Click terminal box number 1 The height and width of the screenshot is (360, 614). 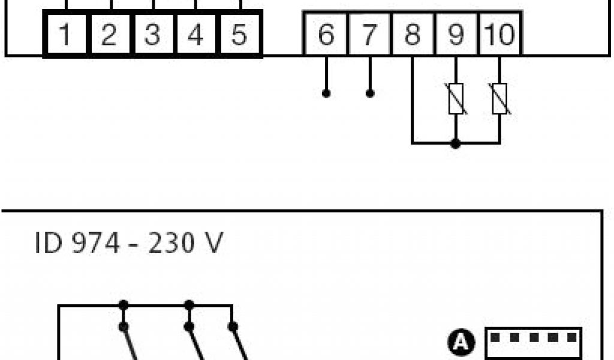click(x=66, y=35)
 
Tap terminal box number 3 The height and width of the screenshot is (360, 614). click(x=152, y=35)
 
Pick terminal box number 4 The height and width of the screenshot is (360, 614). click(x=195, y=35)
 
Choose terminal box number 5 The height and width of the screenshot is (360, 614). click(x=239, y=35)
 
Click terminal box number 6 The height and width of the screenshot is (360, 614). click(x=326, y=35)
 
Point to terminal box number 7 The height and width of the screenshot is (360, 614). click(x=369, y=35)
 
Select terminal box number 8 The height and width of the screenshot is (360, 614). click(x=413, y=35)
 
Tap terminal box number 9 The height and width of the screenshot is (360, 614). click(x=456, y=35)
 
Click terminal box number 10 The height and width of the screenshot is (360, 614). click(x=499, y=35)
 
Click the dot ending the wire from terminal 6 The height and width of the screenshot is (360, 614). click(x=326, y=94)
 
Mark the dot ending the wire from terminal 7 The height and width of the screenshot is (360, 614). click(x=370, y=94)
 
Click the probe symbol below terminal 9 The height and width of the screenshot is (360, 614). click(x=456, y=100)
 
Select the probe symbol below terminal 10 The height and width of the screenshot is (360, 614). click(x=499, y=100)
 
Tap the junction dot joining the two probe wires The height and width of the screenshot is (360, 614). click(x=456, y=143)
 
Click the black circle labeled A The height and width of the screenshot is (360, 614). click(x=460, y=343)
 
